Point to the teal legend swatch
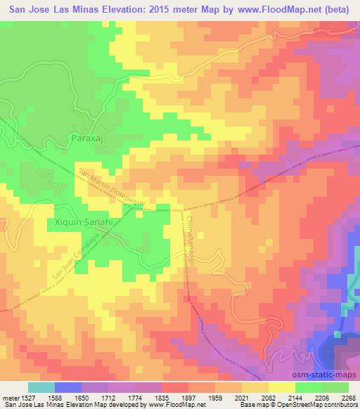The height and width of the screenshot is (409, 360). click(x=41, y=387)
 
